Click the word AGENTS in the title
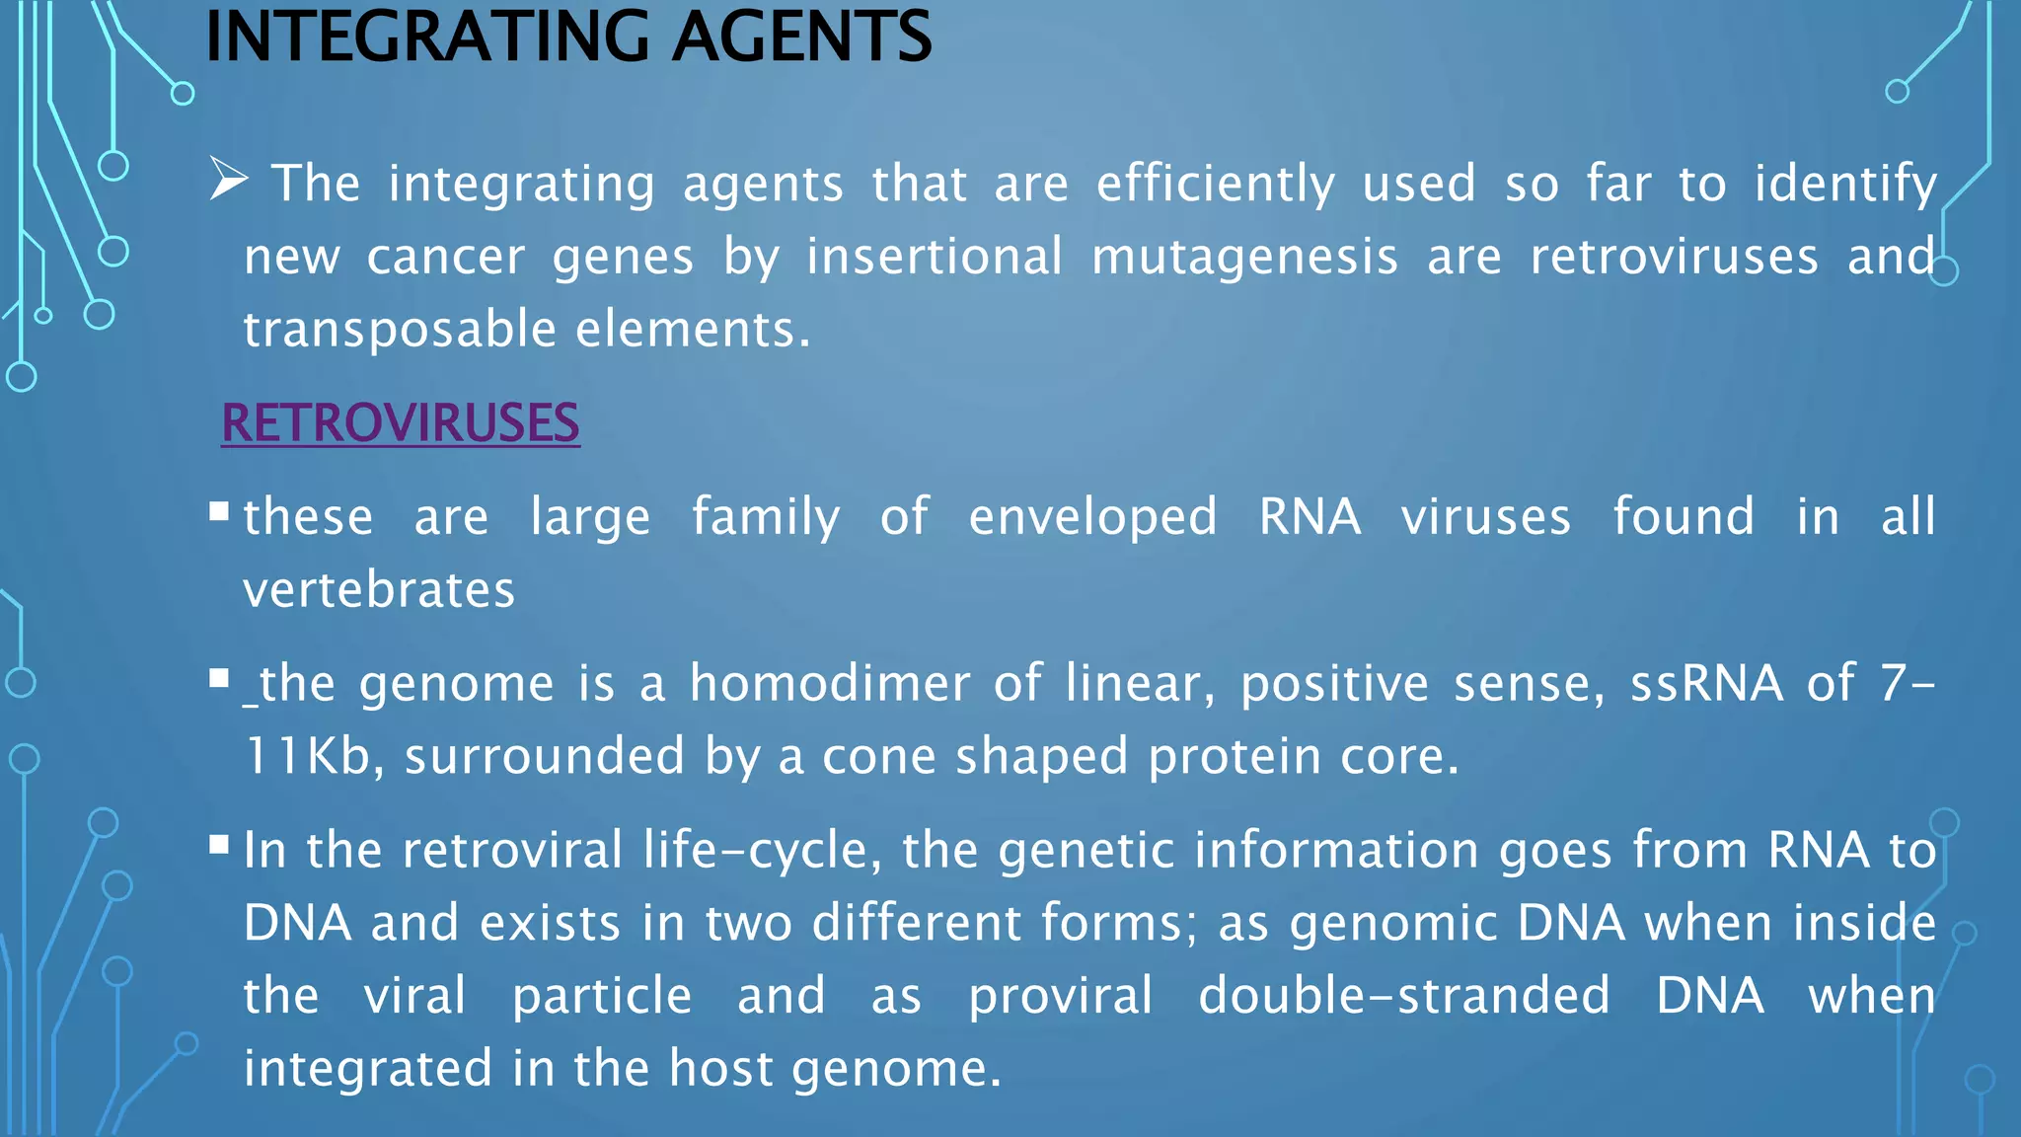click(x=801, y=37)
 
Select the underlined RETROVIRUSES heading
click(x=400, y=423)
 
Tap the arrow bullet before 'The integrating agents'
click(x=228, y=181)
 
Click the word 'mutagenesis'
click(x=1244, y=258)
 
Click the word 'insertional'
click(x=934, y=257)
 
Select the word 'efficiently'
click(x=1215, y=185)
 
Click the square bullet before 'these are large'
click(x=219, y=511)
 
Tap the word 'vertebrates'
click(x=379, y=590)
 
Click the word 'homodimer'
click(x=830, y=683)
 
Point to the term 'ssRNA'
click(x=1706, y=683)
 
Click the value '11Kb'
click(x=307, y=756)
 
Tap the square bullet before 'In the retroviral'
click(x=219, y=844)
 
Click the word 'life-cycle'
click(x=755, y=850)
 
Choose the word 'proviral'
click(x=1060, y=996)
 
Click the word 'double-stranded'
click(x=1403, y=995)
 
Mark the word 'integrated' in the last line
click(x=367, y=1069)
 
